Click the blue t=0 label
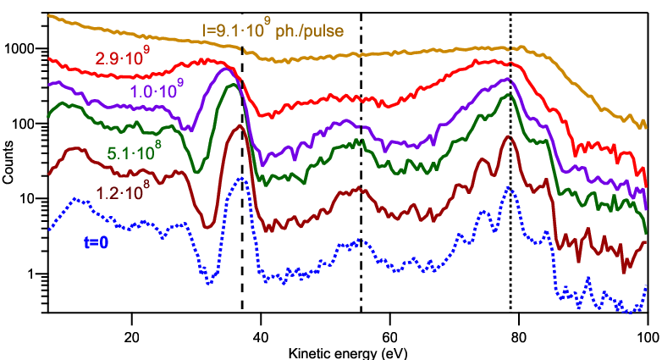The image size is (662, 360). pyautogui.click(x=97, y=242)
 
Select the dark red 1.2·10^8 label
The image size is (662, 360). pyautogui.click(x=123, y=191)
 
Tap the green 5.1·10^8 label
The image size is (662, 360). pyautogui.click(x=135, y=151)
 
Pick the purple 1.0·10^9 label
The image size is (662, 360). pyautogui.click(x=157, y=88)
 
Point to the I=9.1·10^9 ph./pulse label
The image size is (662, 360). pyautogui.click(x=273, y=28)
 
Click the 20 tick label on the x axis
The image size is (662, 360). pyautogui.click(x=132, y=337)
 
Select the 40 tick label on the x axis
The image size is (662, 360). pyautogui.click(x=261, y=337)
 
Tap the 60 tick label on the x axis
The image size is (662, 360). pyautogui.click(x=389, y=337)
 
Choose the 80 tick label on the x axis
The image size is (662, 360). pyautogui.click(x=518, y=337)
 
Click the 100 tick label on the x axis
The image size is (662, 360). pyautogui.click(x=648, y=337)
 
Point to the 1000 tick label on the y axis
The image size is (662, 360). pyautogui.click(x=19, y=48)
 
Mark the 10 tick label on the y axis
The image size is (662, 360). pyautogui.click(x=27, y=198)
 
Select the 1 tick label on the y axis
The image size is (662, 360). pyautogui.click(x=30, y=274)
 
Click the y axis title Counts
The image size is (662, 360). pyautogui.click(x=8, y=163)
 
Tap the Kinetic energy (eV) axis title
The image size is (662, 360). pyautogui.click(x=348, y=353)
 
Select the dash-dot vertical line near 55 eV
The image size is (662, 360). pyautogui.click(x=361, y=163)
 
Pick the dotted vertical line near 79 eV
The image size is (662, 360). pyautogui.click(x=510, y=163)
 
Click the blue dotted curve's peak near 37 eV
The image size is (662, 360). pyautogui.click(x=242, y=179)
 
